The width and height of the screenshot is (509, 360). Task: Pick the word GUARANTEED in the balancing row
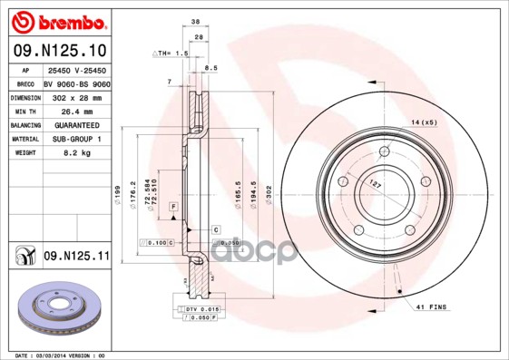pyautogui.click(x=70, y=124)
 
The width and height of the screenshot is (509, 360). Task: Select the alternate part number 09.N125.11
pyautogui.click(x=76, y=258)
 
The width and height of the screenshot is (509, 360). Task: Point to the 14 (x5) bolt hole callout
pyautogui.click(x=424, y=122)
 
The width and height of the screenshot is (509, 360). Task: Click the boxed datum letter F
pyautogui.click(x=172, y=208)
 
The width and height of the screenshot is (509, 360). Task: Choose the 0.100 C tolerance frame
pyautogui.click(x=157, y=243)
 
